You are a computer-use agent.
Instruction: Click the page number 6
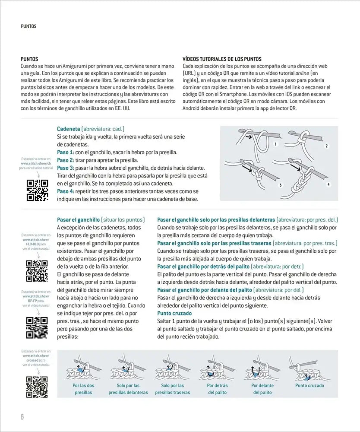pyautogui.click(x=22, y=417)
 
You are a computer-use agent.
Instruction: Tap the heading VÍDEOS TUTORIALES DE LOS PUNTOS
pyautogui.click(x=222, y=59)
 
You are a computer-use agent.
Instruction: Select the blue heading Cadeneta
pyautogui.click(x=69, y=129)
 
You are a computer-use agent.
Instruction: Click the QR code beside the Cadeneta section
pyautogui.click(x=37, y=190)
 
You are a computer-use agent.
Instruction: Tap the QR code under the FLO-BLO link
pyautogui.click(x=37, y=271)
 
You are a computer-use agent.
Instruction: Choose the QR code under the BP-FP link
pyautogui.click(x=37, y=327)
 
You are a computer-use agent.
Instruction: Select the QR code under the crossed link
pyautogui.click(x=37, y=387)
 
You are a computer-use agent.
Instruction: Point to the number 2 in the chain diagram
pyautogui.click(x=327, y=146)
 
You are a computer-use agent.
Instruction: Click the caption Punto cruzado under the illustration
pyautogui.click(x=309, y=385)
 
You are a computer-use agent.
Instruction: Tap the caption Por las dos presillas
pyautogui.click(x=83, y=389)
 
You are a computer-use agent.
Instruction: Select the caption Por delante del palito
pyautogui.click(x=262, y=389)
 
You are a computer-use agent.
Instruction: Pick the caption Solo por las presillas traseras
pyautogui.click(x=173, y=389)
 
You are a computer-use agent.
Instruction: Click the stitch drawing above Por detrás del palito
pyautogui.click(x=217, y=369)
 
